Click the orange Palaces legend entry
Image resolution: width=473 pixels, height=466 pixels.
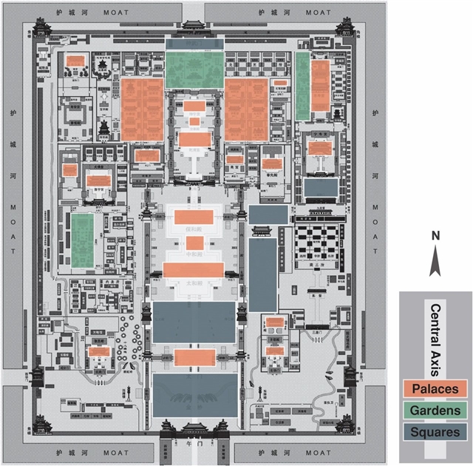(435, 388)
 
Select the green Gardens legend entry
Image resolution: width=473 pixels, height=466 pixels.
(435, 411)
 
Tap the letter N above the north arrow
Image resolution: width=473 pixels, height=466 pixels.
(435, 236)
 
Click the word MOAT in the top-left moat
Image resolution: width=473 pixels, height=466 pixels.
(117, 13)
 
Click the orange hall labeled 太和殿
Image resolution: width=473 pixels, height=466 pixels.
(194, 270)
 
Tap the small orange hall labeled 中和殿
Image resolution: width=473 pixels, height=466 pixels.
(194, 243)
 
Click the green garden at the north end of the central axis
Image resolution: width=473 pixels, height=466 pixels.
(194, 68)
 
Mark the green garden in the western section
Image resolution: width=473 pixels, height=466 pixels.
(82, 240)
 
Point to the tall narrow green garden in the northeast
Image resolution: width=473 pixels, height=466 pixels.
(302, 85)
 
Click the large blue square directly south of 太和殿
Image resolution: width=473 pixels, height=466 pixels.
(194, 321)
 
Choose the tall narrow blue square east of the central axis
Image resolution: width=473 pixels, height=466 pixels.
(262, 274)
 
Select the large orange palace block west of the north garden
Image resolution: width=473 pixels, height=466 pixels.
(143, 109)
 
